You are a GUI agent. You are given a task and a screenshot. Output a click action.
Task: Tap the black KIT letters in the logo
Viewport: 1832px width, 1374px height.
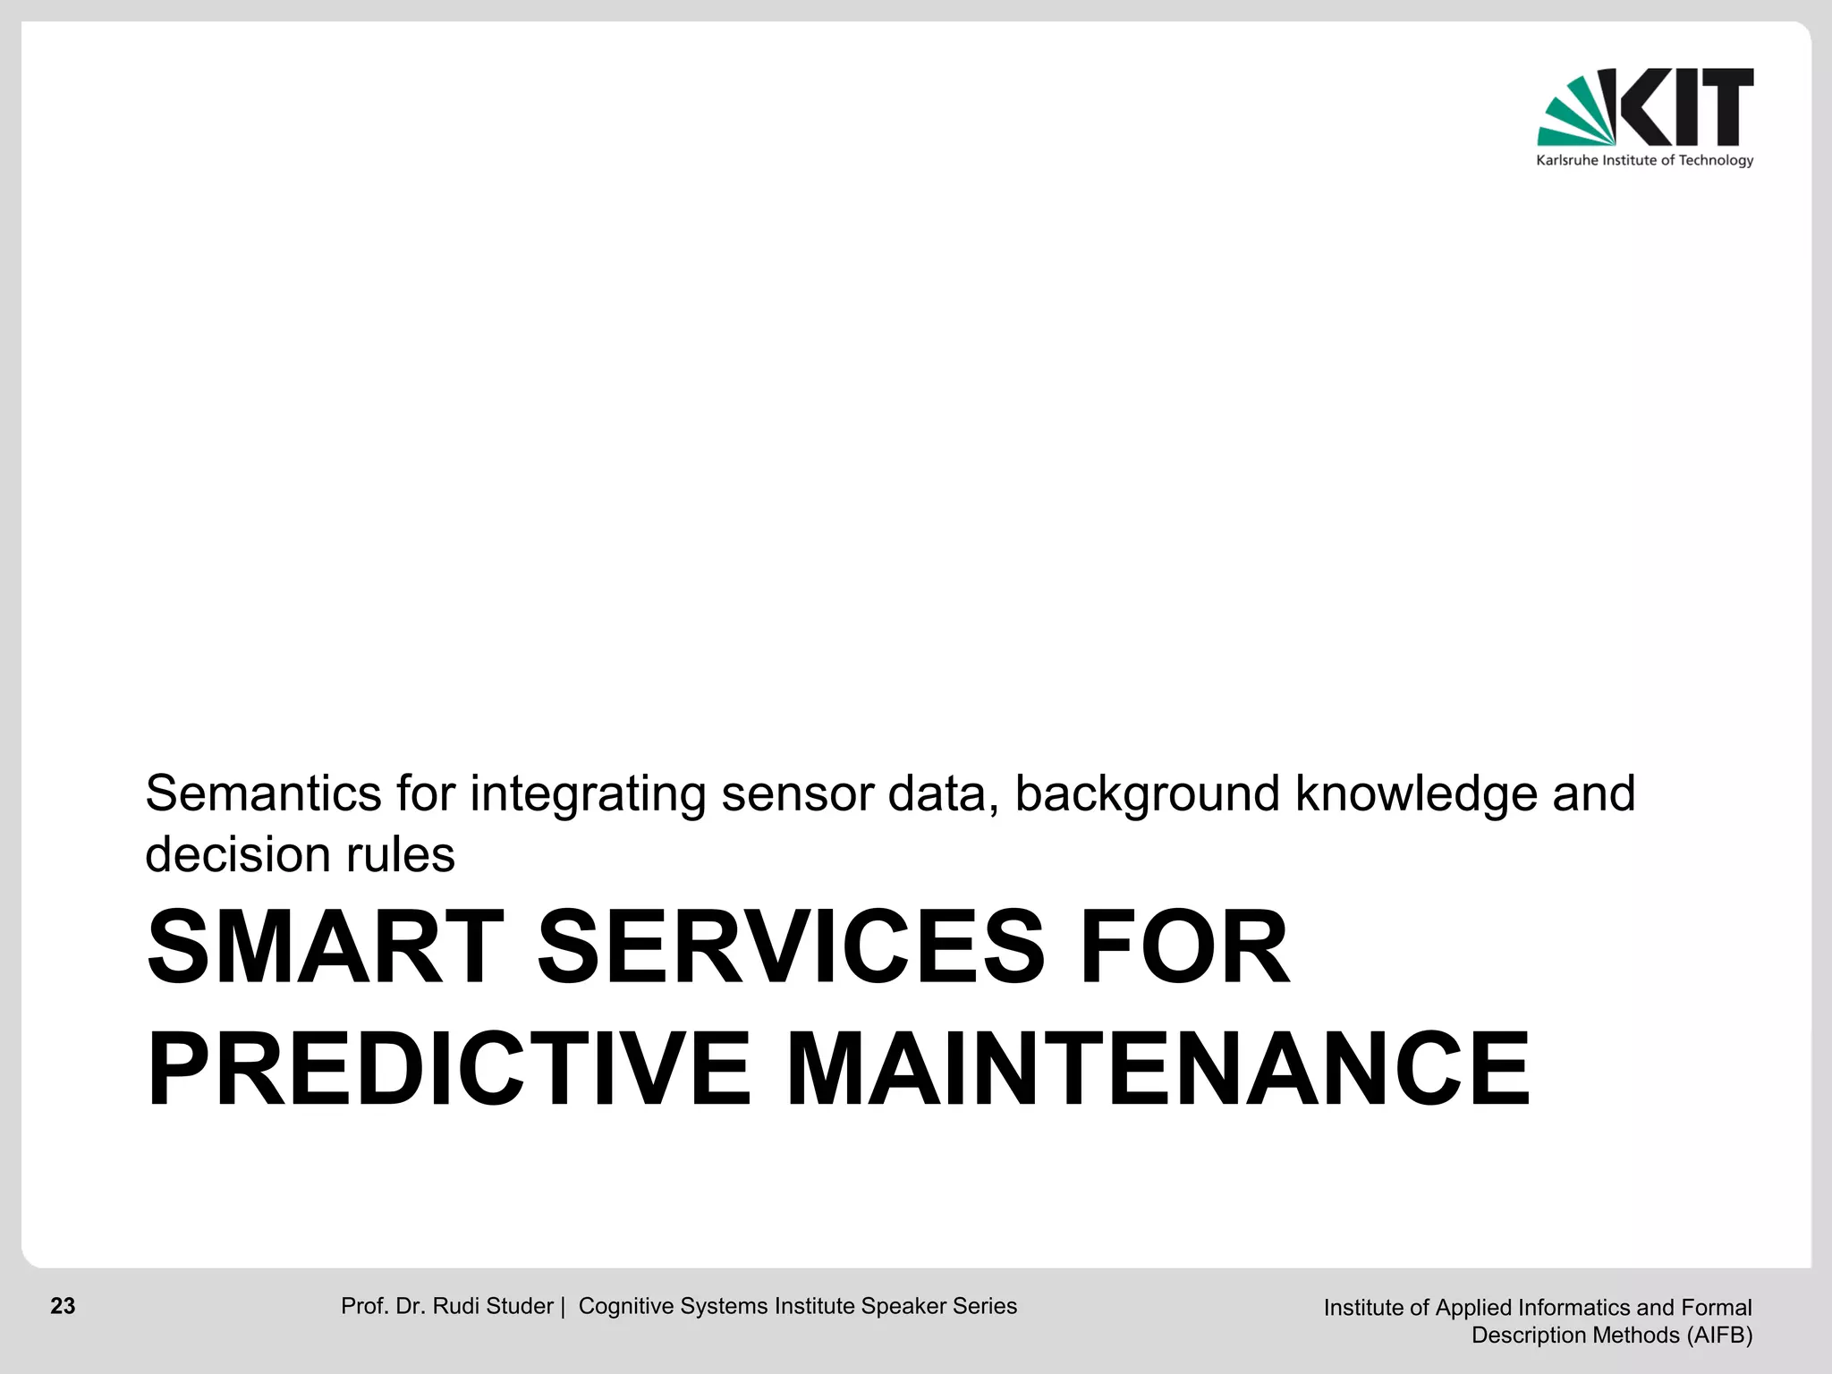1686,106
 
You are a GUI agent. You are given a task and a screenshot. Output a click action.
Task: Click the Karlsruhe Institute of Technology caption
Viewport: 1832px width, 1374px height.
1644,161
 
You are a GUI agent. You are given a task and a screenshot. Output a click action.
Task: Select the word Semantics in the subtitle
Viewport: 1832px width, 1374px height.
264,793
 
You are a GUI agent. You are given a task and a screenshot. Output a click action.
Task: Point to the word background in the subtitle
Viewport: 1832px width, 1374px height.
1147,793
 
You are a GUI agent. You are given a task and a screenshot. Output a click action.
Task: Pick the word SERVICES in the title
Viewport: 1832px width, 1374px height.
791,947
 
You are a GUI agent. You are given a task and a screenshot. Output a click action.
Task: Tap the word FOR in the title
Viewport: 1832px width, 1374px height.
1184,947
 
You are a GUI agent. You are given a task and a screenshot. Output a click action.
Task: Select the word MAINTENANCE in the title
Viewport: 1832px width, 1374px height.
1158,1070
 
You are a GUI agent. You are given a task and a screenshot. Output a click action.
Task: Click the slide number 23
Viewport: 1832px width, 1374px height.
63,1306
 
